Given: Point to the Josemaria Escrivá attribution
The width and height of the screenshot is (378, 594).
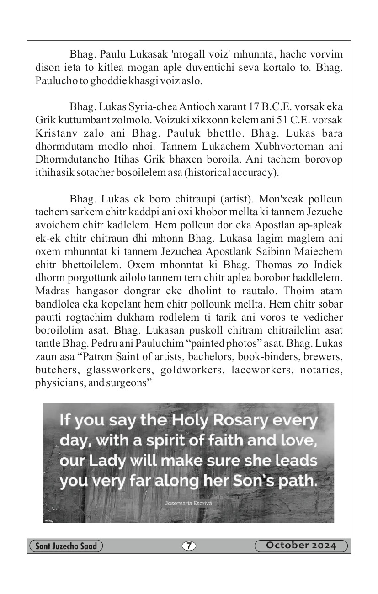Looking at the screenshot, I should pyautogui.click(x=188, y=503).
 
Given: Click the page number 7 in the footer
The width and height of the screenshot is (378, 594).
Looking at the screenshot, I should pyautogui.click(x=189, y=546).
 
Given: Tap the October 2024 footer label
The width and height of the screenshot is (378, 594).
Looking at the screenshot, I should pyautogui.click(x=301, y=546).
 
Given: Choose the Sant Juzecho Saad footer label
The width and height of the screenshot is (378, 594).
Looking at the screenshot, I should pyautogui.click(x=66, y=546).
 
